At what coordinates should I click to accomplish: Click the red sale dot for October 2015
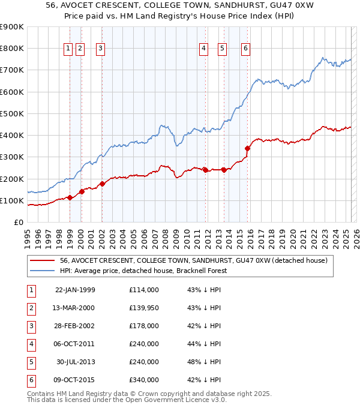247,148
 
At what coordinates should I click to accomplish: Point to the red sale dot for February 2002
102,184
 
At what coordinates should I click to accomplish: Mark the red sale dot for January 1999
70,197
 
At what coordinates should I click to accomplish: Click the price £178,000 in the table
144,326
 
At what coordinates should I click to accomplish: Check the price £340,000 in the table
144,380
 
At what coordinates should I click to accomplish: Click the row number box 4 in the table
31,344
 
